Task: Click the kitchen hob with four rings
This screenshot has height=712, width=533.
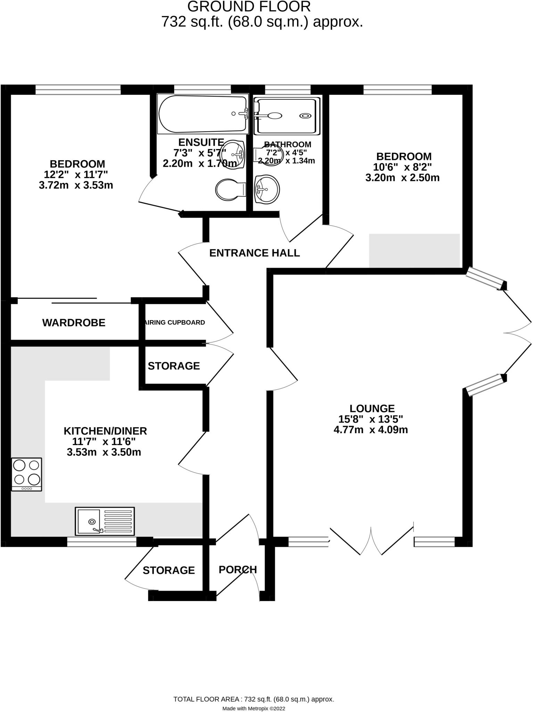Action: tap(27, 474)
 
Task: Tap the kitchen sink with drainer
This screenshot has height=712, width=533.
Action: tap(105, 521)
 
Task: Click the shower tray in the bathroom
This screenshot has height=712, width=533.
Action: tap(287, 116)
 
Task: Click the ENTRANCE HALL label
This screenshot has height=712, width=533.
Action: tap(254, 253)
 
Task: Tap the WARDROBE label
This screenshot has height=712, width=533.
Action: tap(74, 323)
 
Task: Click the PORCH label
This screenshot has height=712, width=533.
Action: tap(238, 569)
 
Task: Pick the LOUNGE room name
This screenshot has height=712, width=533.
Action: tap(372, 408)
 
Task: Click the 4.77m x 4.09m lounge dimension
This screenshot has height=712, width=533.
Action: tap(371, 430)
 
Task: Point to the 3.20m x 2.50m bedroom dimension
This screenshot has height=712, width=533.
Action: tap(402, 178)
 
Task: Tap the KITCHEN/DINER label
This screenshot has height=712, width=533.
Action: tap(105, 431)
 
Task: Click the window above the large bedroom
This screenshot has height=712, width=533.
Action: tap(78, 90)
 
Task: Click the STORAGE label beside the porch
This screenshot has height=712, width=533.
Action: tap(169, 570)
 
